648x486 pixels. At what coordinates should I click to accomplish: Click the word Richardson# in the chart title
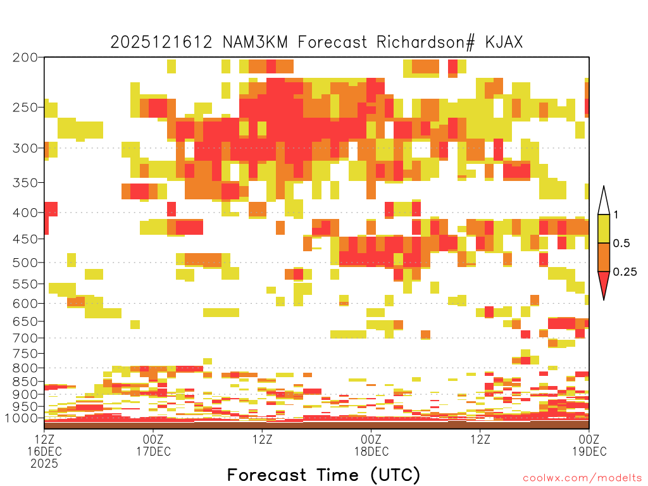coord(426,42)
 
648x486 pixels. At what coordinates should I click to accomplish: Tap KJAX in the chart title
coord(504,42)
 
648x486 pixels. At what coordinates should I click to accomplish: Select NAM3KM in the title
coord(255,42)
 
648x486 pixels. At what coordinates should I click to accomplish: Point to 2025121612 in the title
coord(161,42)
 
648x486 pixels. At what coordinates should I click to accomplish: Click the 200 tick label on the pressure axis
coord(25,58)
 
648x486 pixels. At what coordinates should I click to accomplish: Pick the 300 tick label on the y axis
coord(25,148)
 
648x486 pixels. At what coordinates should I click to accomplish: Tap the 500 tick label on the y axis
coord(25,263)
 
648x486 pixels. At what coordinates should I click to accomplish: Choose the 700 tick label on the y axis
coord(25,338)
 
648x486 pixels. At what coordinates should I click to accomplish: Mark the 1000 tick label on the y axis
coord(22,418)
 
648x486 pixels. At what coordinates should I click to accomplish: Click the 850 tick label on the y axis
coord(25,382)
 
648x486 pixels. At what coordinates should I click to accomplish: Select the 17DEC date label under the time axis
coord(153,451)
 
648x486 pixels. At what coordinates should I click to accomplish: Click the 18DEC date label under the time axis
coord(371,451)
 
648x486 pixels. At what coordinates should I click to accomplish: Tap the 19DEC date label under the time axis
coord(589,451)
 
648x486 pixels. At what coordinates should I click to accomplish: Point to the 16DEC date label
coord(45,451)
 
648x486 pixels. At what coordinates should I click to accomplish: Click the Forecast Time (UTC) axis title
coord(323,475)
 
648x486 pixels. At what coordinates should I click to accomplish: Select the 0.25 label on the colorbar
coord(625,271)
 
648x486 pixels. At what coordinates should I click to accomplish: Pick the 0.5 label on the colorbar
coord(621,243)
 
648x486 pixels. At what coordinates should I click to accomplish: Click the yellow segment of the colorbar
coord(604,228)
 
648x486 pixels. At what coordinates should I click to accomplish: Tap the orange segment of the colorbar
coord(604,257)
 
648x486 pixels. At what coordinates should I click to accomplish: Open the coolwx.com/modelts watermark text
coord(582,478)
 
